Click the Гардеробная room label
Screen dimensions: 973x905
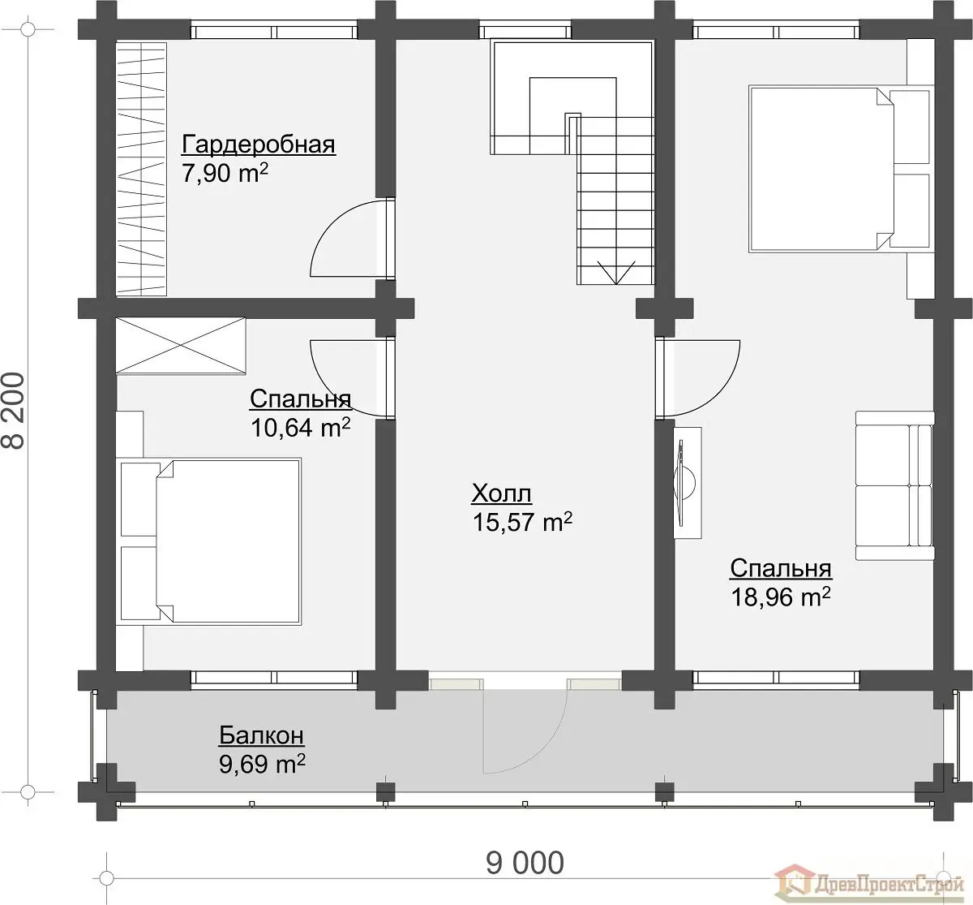[259, 144]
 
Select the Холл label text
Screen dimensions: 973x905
[501, 493]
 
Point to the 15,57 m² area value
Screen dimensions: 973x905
[522, 521]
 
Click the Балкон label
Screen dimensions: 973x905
[262, 735]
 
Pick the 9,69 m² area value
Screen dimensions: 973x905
[262, 764]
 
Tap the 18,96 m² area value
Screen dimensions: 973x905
[781, 597]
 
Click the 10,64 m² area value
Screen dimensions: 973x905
[301, 427]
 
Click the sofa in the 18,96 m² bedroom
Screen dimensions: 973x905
[894, 485]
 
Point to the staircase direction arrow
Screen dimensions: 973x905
[616, 273]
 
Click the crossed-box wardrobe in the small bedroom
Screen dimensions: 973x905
[181, 346]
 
